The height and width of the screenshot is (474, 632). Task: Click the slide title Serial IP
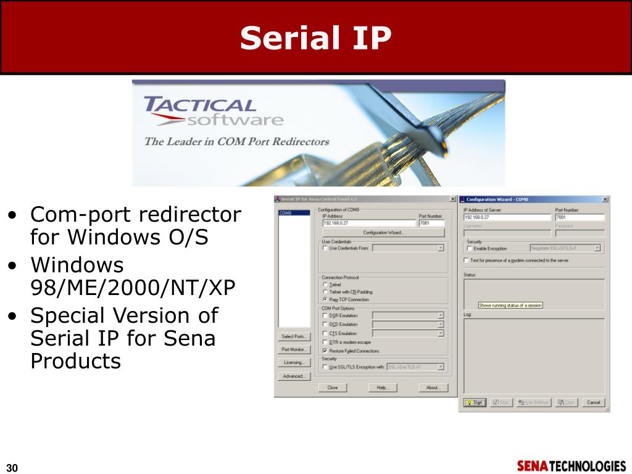(x=315, y=38)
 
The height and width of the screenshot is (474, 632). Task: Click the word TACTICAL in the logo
(x=199, y=104)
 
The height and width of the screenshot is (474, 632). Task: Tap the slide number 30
(x=12, y=467)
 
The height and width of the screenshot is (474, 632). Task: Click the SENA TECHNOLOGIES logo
(x=571, y=466)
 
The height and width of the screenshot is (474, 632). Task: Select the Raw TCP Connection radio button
(x=325, y=299)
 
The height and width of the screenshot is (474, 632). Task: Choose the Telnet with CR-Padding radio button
(x=325, y=292)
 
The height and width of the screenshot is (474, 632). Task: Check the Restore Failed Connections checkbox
(x=325, y=351)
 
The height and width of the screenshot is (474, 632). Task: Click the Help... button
(x=383, y=388)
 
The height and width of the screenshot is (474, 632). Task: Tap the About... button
(x=433, y=388)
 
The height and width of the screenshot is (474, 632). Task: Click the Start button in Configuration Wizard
(x=475, y=402)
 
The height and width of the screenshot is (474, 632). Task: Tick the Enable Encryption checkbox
(x=468, y=248)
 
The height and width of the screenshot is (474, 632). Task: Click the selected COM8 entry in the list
(x=285, y=213)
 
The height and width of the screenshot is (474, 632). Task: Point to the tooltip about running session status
(x=510, y=305)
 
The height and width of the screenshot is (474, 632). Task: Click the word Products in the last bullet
(x=75, y=361)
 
